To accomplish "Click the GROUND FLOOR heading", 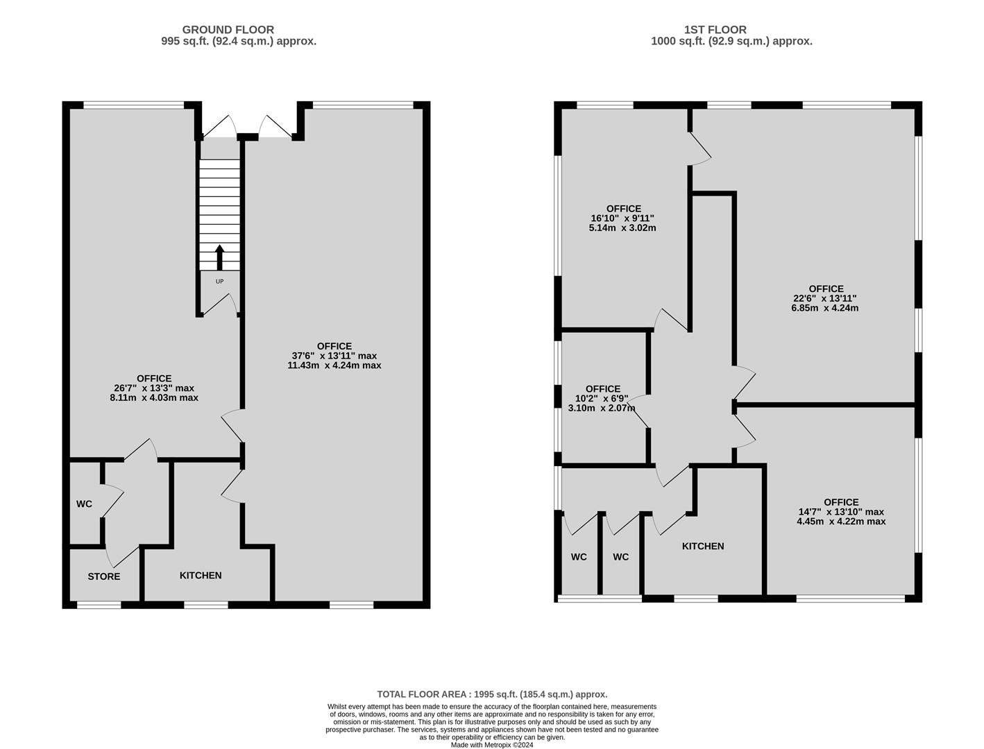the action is (x=228, y=30).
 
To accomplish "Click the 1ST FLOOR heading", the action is (x=715, y=30).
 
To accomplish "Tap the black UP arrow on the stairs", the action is (x=220, y=257).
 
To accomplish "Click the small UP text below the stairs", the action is (x=220, y=282).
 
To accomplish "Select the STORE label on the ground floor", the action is (x=104, y=576).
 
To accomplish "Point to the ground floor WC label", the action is (x=84, y=504).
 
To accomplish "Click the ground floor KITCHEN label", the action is (x=201, y=575).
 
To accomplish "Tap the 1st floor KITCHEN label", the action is (x=703, y=546).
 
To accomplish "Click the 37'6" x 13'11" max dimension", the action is (x=334, y=356).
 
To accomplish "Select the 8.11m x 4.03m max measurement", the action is (x=154, y=397).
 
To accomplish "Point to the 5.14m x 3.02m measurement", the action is (x=622, y=227).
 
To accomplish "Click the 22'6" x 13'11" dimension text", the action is (x=826, y=298).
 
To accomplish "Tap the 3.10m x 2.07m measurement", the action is (x=602, y=408).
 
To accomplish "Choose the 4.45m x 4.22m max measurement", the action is (x=841, y=522).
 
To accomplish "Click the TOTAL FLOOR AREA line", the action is (x=492, y=694).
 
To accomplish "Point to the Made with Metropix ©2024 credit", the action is (x=492, y=746).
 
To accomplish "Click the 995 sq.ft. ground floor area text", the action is (x=239, y=41).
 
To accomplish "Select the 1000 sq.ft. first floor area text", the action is (x=731, y=41).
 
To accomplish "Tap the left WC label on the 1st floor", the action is (x=579, y=557).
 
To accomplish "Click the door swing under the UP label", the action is (x=220, y=304).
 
